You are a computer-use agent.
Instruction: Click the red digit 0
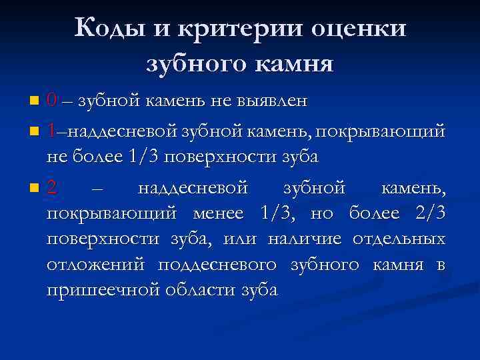pos(52,101)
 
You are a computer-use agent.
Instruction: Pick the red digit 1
pos(52,130)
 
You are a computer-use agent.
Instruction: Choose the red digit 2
pos(53,189)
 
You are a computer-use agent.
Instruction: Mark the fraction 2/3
pos(427,214)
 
